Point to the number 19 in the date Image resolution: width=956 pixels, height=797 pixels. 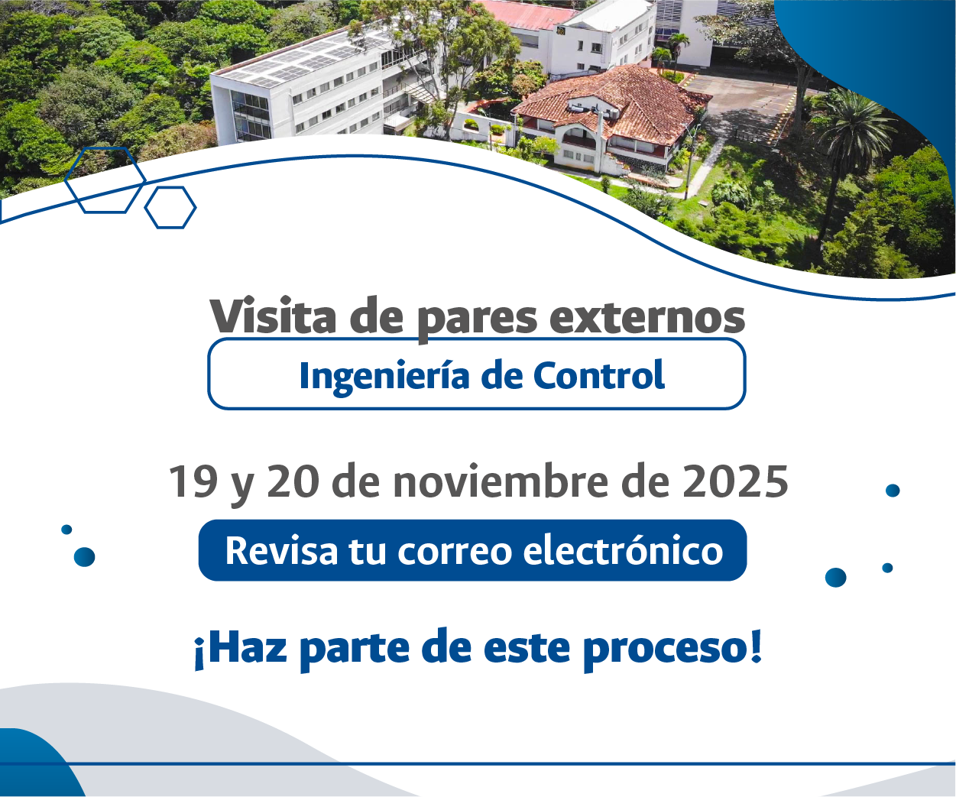click(193, 482)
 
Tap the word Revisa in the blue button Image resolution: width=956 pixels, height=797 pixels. click(281, 550)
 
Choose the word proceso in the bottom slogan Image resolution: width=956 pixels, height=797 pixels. click(672, 648)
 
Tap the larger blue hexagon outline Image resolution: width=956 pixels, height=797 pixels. click(105, 180)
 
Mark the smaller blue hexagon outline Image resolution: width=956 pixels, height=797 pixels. click(170, 207)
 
